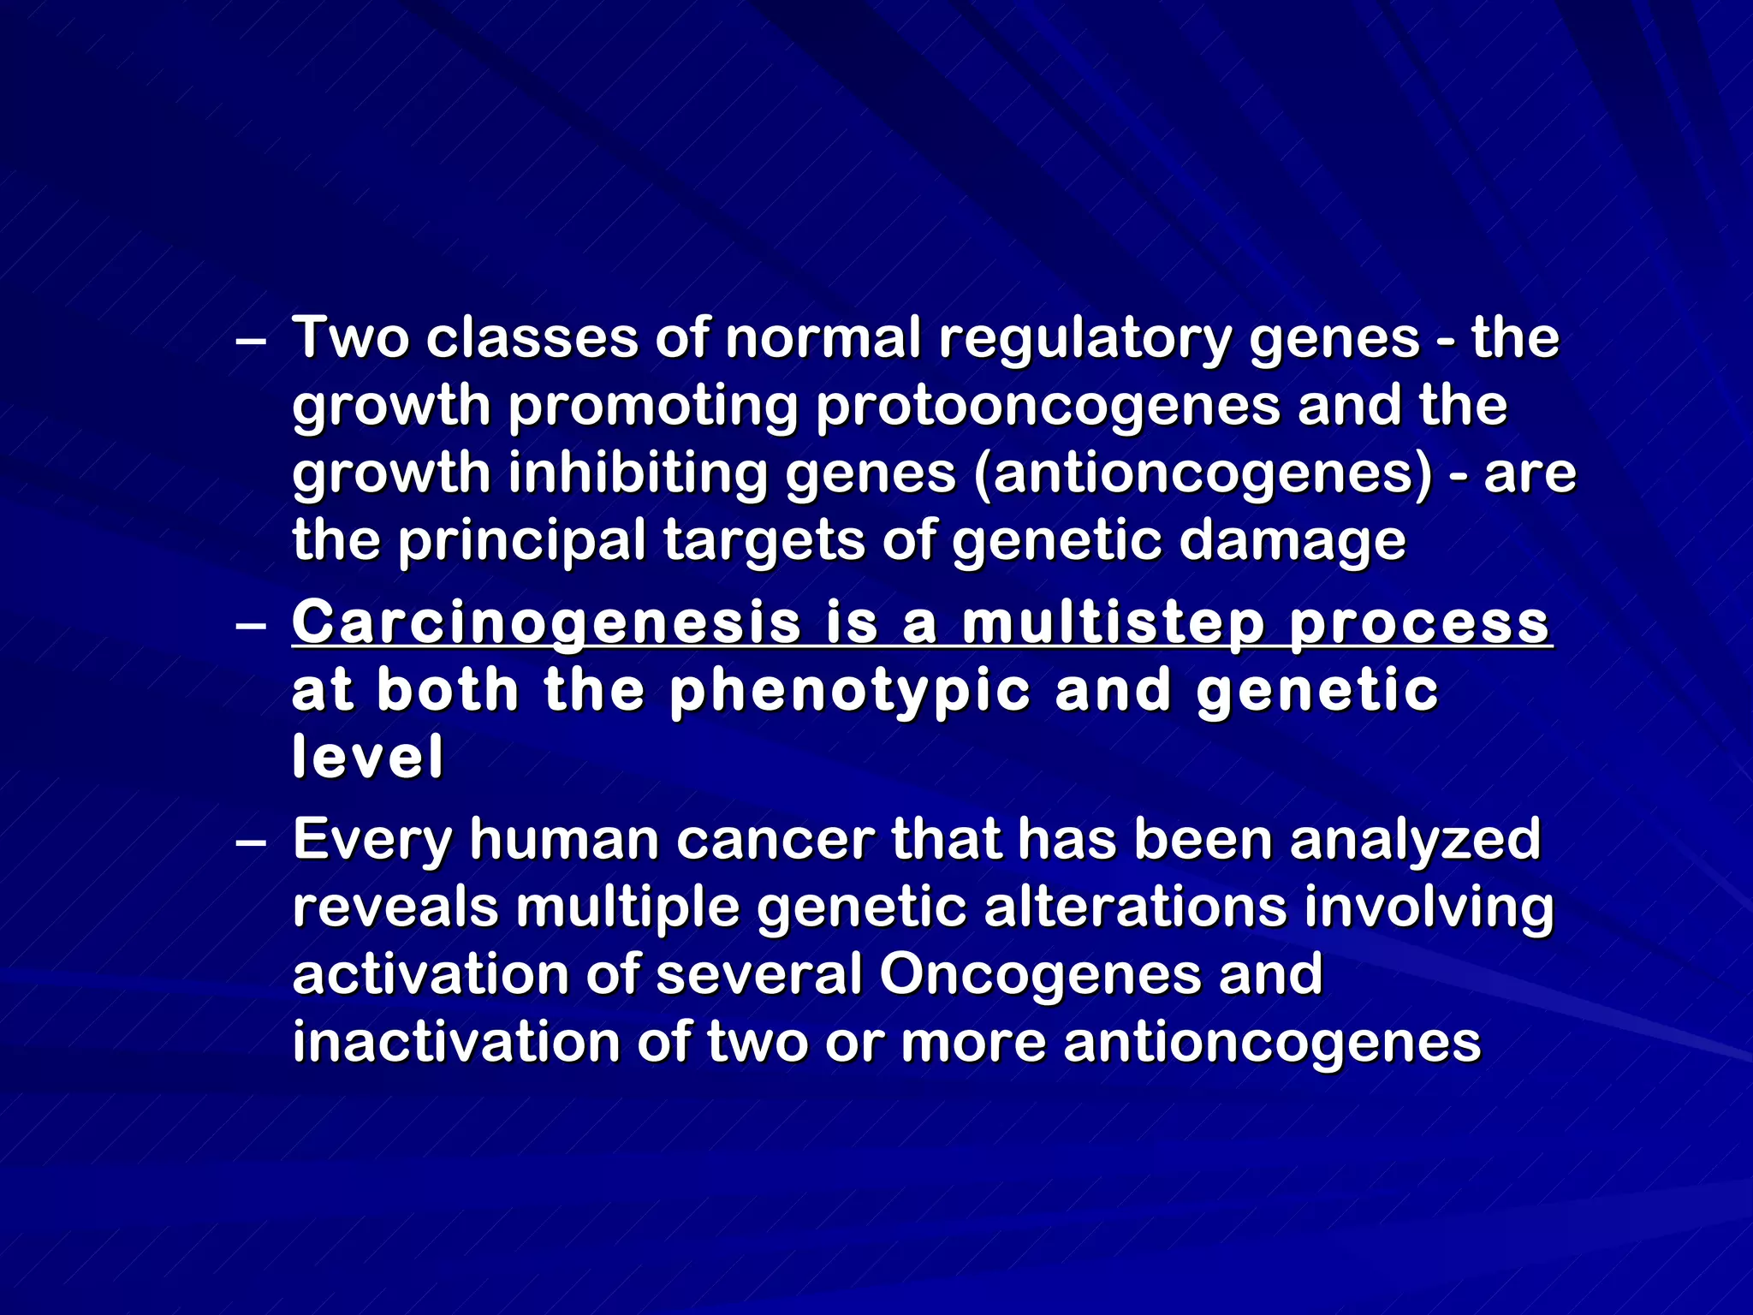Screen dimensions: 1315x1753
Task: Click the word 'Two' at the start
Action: (x=350, y=338)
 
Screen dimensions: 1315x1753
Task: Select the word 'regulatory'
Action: (x=1084, y=340)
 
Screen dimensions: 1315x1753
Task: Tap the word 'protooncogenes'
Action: (x=1047, y=407)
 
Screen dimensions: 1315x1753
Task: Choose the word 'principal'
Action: (x=522, y=542)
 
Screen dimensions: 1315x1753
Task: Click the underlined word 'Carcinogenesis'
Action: (x=546, y=623)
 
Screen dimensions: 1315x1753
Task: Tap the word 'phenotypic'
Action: (x=850, y=690)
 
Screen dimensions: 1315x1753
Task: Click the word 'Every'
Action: (x=371, y=840)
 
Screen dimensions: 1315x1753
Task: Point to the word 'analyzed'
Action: (x=1415, y=840)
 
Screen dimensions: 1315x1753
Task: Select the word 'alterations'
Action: (x=1135, y=907)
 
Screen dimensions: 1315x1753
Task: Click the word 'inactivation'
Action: (x=456, y=1042)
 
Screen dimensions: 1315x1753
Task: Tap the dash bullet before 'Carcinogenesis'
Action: (x=250, y=625)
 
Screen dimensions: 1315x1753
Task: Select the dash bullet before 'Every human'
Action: (x=250, y=842)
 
